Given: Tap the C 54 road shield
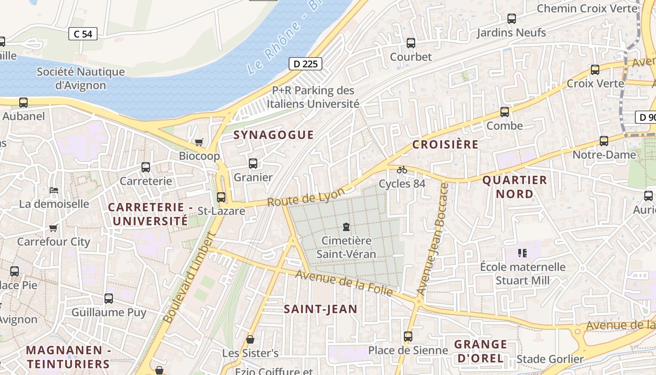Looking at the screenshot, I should point(83,34).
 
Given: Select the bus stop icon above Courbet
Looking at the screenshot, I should point(411,43).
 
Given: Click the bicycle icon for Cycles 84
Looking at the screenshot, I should point(402,170).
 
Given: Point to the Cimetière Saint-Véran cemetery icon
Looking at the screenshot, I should point(346,227).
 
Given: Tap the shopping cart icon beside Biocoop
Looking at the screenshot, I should point(199,142).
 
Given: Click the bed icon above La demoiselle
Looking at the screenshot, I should point(54,190).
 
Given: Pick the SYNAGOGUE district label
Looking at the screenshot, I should point(274,135).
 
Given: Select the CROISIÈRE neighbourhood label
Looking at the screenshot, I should point(445,144).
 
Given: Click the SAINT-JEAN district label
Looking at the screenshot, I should point(321,309).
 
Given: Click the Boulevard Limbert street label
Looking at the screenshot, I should point(188,284).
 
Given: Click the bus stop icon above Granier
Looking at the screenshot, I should point(253,164).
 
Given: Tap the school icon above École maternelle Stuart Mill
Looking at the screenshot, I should point(523,253).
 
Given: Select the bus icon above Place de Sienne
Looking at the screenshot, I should point(408,336).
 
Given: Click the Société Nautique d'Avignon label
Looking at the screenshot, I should point(81,79).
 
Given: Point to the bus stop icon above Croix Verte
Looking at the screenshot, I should point(595,70).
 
